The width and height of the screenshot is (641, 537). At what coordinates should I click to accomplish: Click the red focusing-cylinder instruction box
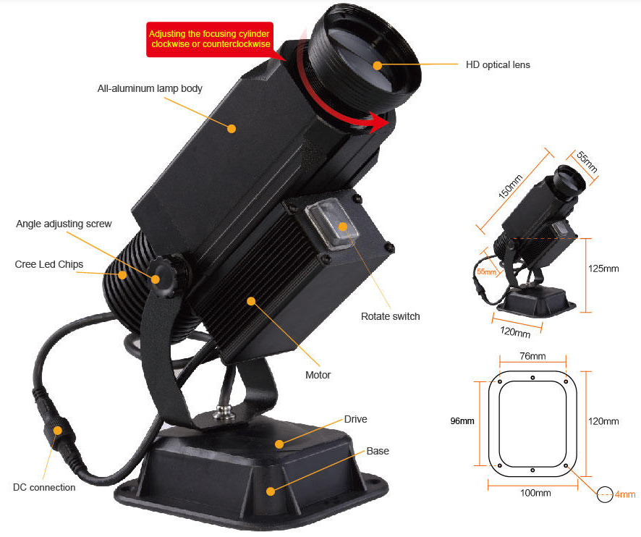click(x=210, y=39)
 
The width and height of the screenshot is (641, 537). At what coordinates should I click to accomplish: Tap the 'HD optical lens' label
click(x=498, y=64)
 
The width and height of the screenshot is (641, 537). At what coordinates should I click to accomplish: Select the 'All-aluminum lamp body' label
click(x=150, y=88)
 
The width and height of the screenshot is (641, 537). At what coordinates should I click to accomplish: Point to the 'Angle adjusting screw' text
click(x=64, y=224)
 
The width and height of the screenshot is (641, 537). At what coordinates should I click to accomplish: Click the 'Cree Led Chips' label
click(x=49, y=264)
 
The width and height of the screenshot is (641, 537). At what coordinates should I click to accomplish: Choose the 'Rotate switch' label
click(x=391, y=316)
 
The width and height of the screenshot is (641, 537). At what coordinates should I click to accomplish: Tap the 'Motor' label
click(x=318, y=375)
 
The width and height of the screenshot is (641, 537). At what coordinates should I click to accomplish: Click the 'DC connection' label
click(x=44, y=487)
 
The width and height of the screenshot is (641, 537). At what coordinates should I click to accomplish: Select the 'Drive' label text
click(x=356, y=419)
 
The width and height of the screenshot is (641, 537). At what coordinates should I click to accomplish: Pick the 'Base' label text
click(x=378, y=451)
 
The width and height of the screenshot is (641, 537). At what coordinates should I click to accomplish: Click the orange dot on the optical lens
click(x=378, y=65)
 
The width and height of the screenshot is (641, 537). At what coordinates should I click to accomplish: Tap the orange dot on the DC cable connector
click(x=58, y=431)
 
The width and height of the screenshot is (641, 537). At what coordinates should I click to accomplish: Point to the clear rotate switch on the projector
click(x=332, y=224)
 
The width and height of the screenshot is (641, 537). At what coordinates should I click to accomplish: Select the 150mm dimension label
click(x=511, y=186)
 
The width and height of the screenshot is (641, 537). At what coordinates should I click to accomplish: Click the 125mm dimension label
click(x=603, y=268)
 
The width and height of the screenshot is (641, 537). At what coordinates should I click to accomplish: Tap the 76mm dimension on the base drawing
click(x=532, y=356)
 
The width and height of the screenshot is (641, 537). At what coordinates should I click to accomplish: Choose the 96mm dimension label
click(x=462, y=421)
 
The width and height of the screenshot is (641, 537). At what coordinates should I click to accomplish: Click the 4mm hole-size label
click(x=625, y=494)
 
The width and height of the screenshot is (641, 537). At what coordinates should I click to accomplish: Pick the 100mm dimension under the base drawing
click(x=535, y=493)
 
